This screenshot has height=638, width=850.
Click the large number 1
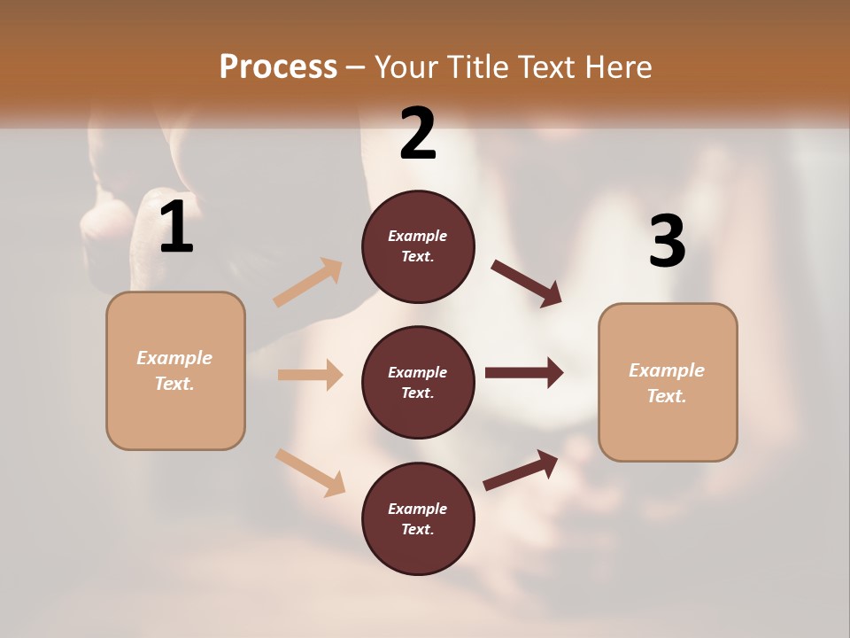coord(176,228)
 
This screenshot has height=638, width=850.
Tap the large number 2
coord(418,134)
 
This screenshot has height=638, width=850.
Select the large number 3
coord(667,241)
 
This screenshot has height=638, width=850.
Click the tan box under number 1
coord(175,370)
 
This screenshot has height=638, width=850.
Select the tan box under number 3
coord(668,383)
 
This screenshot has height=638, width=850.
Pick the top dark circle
coord(418,246)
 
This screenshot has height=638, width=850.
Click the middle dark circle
coord(418,383)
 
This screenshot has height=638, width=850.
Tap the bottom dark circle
coord(418,518)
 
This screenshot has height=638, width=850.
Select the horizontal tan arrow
coord(310,375)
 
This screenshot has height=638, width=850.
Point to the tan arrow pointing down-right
coord(310,472)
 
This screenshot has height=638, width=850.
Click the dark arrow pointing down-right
coord(527,284)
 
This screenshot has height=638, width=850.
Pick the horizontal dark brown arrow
coord(524,373)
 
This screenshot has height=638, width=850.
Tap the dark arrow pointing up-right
coord(521,471)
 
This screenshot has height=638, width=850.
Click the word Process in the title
coord(278,66)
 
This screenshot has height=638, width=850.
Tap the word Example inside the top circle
coord(418,236)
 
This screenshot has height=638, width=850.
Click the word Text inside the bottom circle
coord(416,529)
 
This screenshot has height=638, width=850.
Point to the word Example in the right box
coord(667,370)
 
